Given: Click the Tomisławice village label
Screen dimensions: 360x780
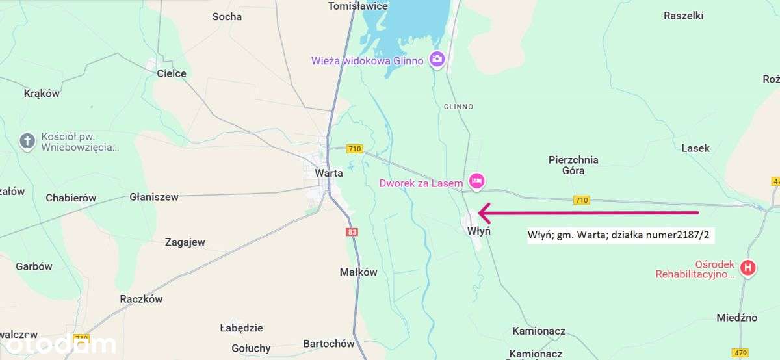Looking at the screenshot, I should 358,6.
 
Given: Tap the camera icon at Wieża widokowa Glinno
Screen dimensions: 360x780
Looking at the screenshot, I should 437,60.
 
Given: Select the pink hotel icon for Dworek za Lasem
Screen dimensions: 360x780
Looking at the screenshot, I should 476,181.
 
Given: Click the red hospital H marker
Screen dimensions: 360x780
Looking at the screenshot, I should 748,267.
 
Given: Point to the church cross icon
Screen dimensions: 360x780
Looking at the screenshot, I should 27,141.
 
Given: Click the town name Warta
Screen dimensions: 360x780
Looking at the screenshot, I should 328,173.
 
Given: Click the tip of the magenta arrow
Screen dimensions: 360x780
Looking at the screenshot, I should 480,212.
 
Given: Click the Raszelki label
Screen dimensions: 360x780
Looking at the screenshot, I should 683,16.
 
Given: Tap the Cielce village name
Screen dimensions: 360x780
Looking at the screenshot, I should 172,73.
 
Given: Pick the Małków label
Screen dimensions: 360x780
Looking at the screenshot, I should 358,272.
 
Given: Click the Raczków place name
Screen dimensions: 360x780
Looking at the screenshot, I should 141,299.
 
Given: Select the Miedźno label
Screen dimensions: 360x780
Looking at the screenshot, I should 736,318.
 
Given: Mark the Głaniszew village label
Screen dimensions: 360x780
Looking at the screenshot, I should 154,197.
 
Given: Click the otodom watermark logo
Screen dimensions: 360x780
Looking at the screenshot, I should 58,344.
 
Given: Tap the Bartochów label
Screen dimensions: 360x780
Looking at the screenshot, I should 329,344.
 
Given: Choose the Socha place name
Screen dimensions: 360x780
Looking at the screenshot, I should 227,16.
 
